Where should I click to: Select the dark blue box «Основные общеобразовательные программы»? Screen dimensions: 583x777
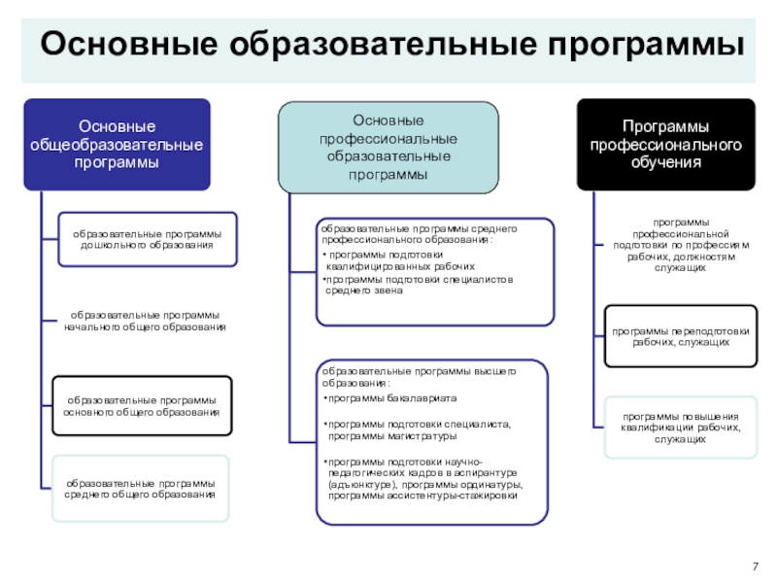[x=118, y=144]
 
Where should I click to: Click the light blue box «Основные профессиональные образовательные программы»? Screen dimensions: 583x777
[x=388, y=146]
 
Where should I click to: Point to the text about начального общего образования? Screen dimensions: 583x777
[x=145, y=322]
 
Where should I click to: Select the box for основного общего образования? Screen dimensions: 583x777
[x=142, y=406]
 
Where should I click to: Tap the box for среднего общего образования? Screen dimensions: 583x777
[x=141, y=488]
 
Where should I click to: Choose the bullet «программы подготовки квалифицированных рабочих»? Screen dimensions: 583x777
[x=401, y=259]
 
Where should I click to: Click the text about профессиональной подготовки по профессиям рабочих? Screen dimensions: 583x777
[x=678, y=245]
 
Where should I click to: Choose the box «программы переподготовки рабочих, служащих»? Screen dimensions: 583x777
[x=680, y=336]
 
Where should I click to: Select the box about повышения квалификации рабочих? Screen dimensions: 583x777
[x=680, y=427]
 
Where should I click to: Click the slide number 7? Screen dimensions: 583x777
[x=756, y=566]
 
